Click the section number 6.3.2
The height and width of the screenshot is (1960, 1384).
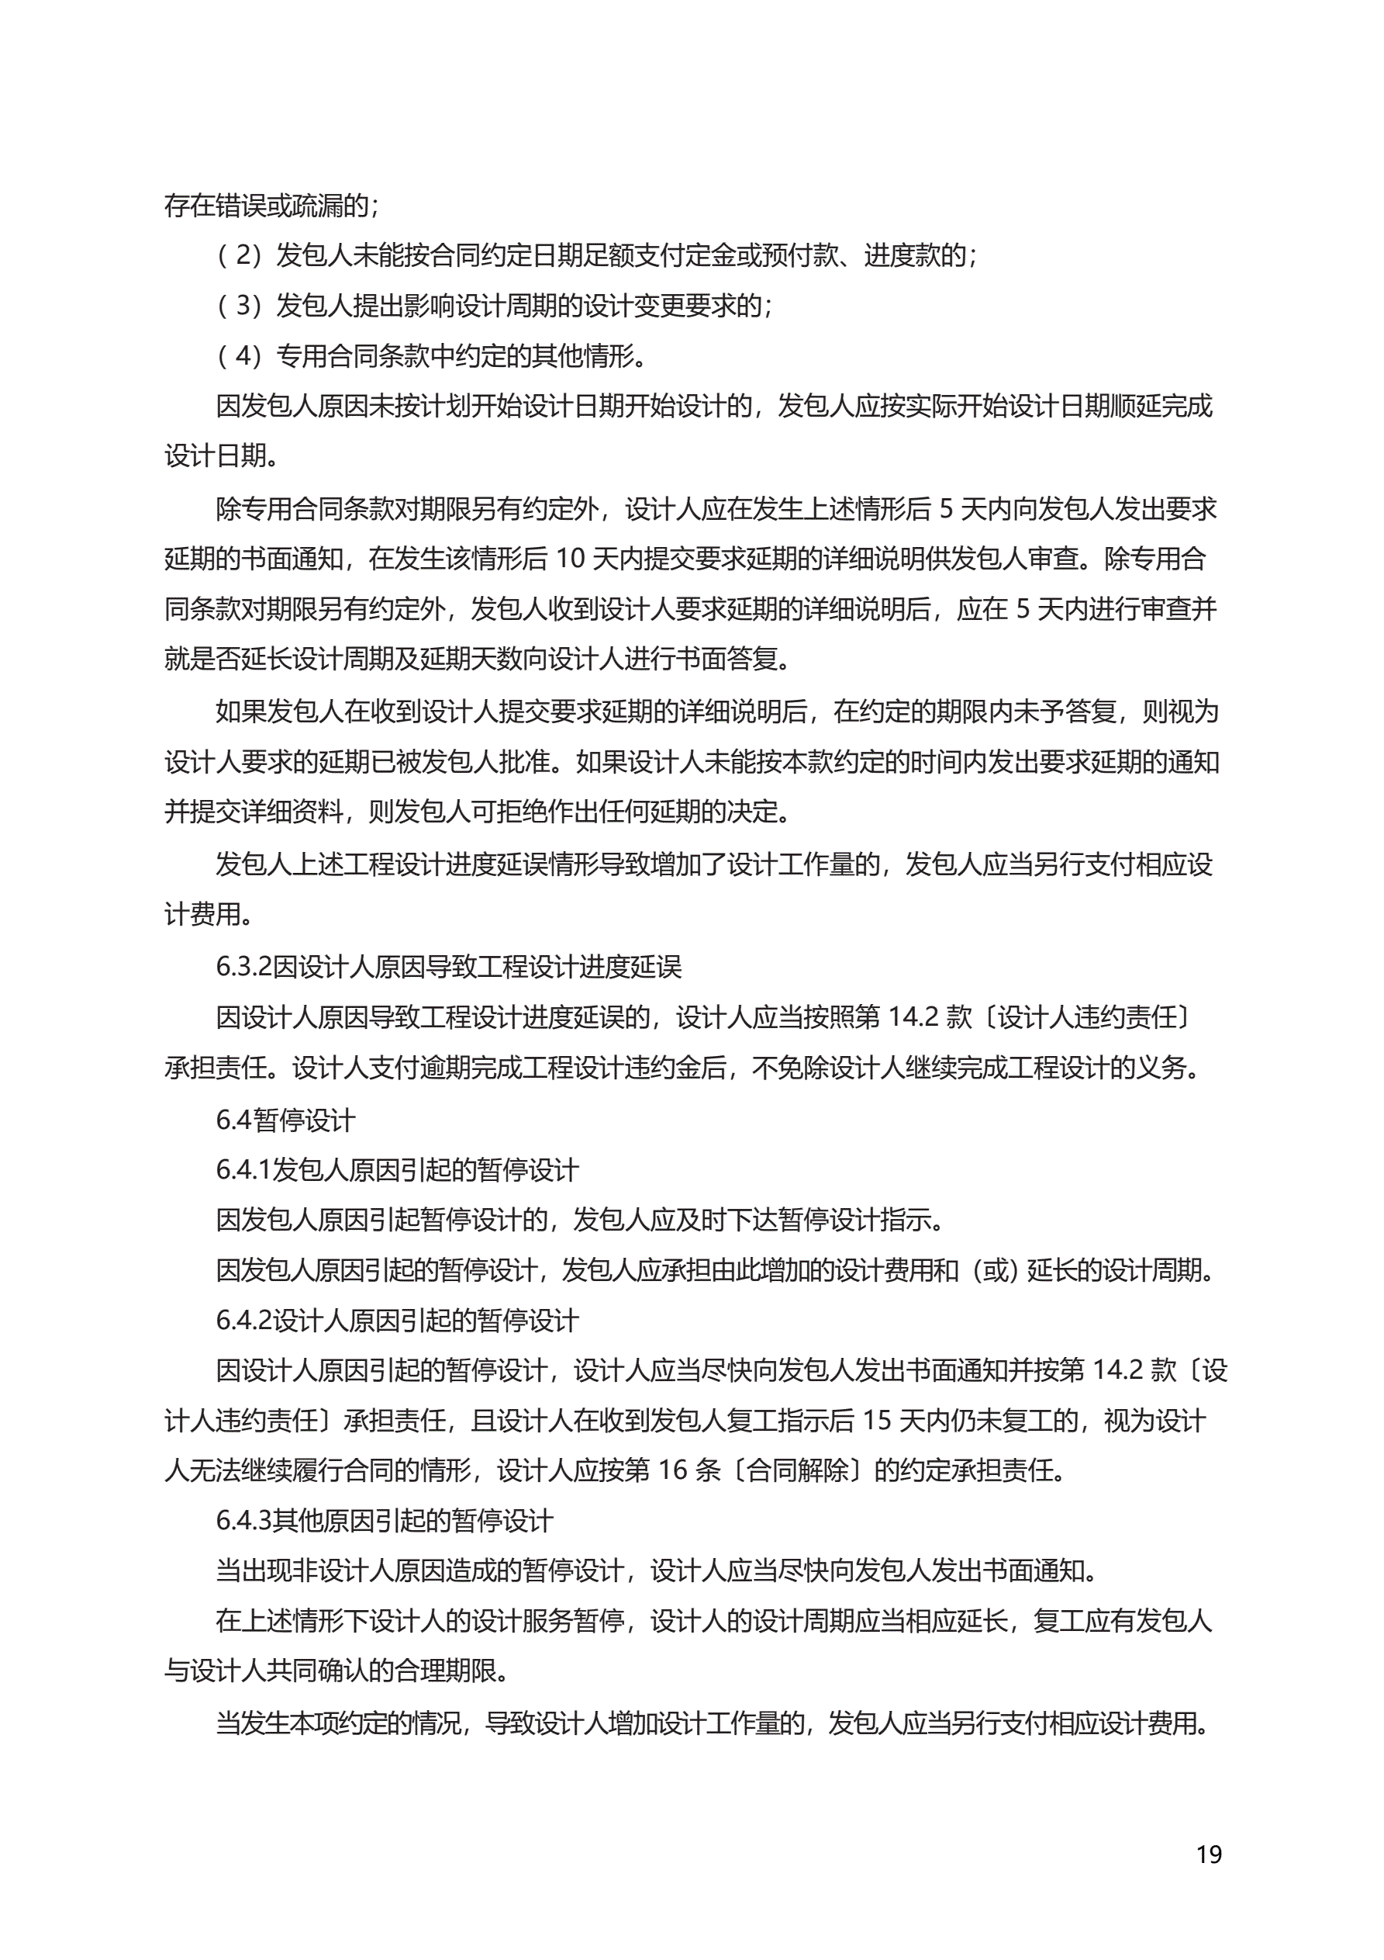tap(243, 966)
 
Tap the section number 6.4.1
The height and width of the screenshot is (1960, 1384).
tap(243, 1169)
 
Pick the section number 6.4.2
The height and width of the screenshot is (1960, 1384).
tap(243, 1321)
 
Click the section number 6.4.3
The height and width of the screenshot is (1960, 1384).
tap(243, 1520)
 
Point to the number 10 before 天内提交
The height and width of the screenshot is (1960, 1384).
tap(570, 559)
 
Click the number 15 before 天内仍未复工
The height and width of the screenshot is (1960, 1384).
tap(877, 1422)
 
